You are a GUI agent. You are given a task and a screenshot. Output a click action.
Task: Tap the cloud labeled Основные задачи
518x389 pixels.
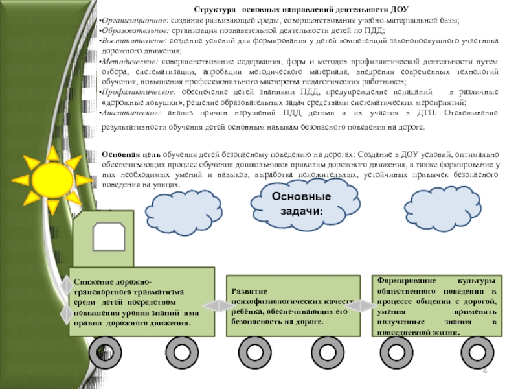[302, 204]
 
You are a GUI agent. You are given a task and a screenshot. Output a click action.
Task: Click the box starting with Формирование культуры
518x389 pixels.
[437, 305]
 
